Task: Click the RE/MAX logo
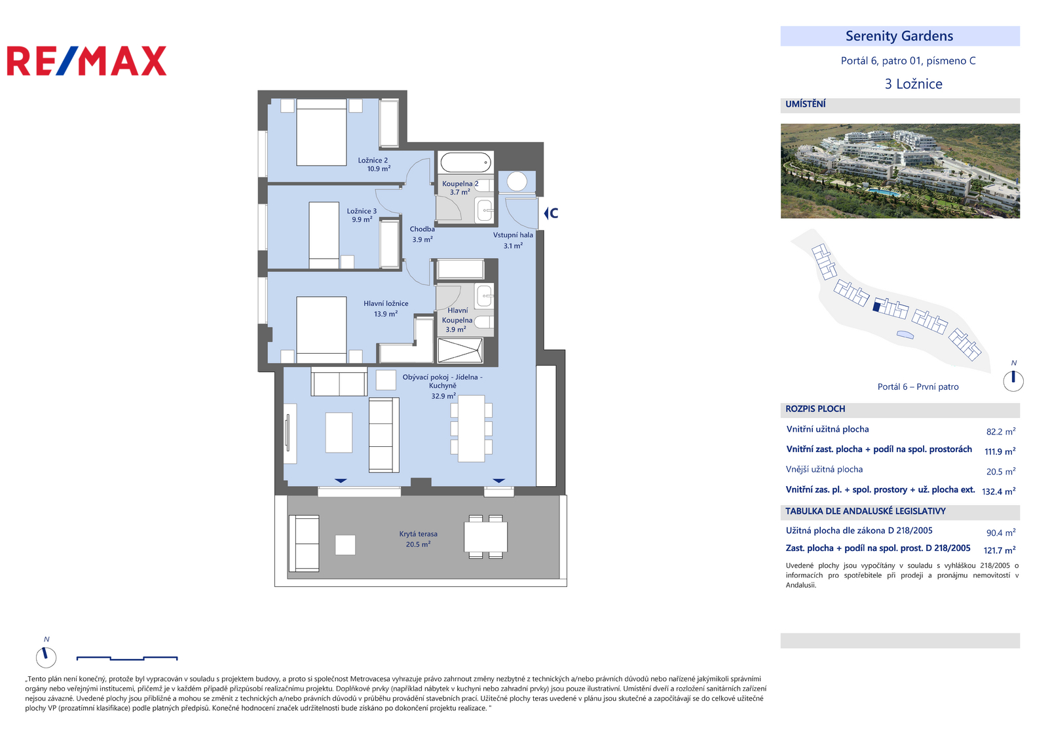pyautogui.click(x=86, y=61)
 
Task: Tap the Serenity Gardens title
pyautogui.click(x=899, y=36)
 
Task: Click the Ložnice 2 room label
pyautogui.click(x=373, y=160)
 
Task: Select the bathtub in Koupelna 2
pyautogui.click(x=466, y=162)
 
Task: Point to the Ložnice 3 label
pyautogui.click(x=362, y=211)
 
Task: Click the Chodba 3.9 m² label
pyautogui.click(x=422, y=234)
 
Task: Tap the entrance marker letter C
pyautogui.click(x=554, y=214)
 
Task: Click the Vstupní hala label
pyautogui.click(x=513, y=235)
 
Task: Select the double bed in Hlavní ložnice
pyautogui.click(x=322, y=330)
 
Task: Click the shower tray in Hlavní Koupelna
pyautogui.click(x=460, y=350)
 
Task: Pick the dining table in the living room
pyautogui.click(x=471, y=428)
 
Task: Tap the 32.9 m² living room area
pyautogui.click(x=443, y=396)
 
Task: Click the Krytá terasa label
pyautogui.click(x=419, y=534)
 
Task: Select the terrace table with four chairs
pyautogui.click(x=485, y=537)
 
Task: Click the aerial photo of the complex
pyautogui.click(x=900, y=171)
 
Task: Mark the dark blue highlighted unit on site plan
pyautogui.click(x=877, y=307)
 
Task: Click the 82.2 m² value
pyautogui.click(x=1001, y=432)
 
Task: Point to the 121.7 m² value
pyautogui.click(x=1000, y=550)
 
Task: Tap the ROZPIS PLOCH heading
pyautogui.click(x=815, y=409)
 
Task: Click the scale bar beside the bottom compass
pyautogui.click(x=127, y=658)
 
